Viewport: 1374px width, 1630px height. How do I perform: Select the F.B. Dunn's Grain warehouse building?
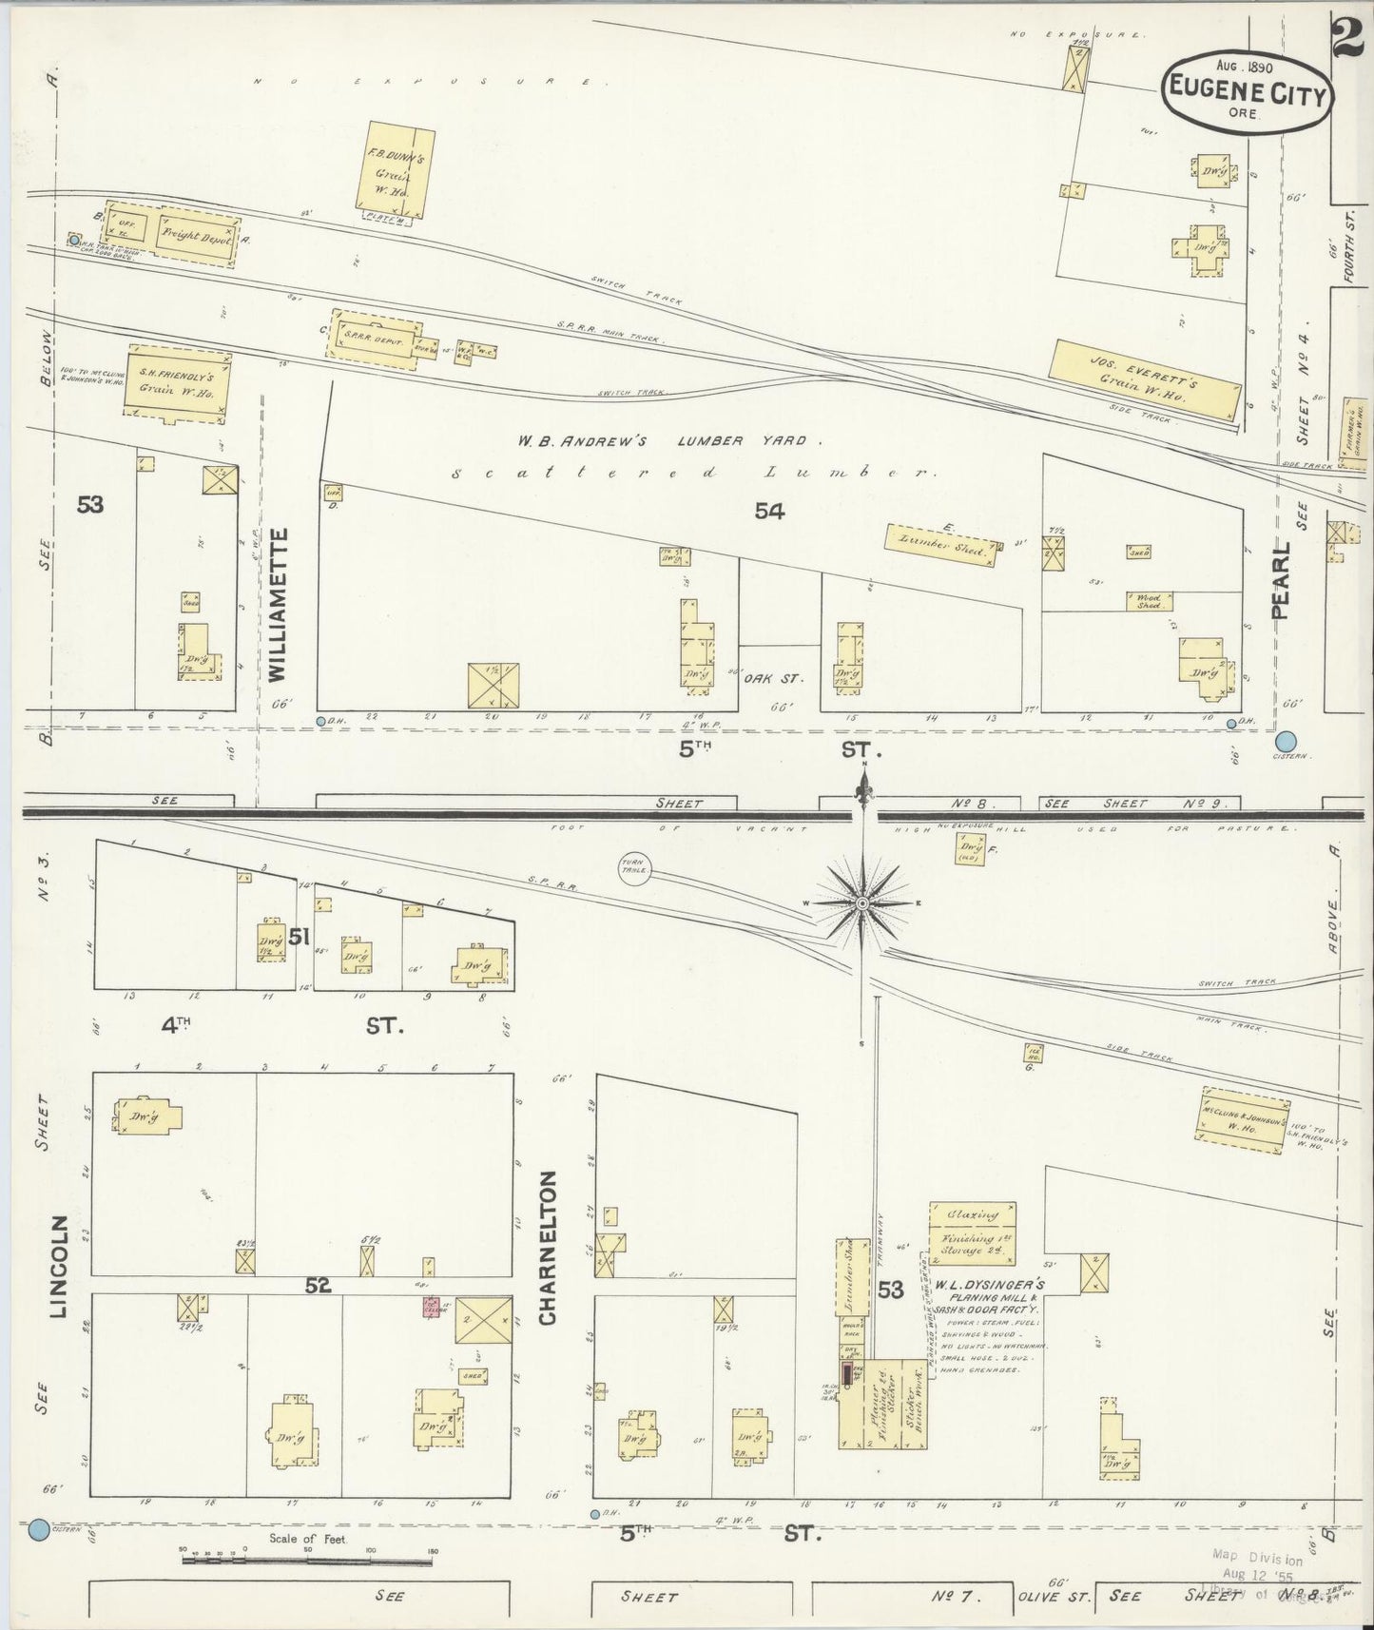pos(395,166)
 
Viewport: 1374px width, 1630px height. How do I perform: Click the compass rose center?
pos(861,902)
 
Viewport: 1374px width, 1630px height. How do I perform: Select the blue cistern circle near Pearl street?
pos(1286,741)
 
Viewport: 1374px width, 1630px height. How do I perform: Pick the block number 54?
pos(769,512)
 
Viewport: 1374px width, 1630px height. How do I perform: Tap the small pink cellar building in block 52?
pos(431,1308)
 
